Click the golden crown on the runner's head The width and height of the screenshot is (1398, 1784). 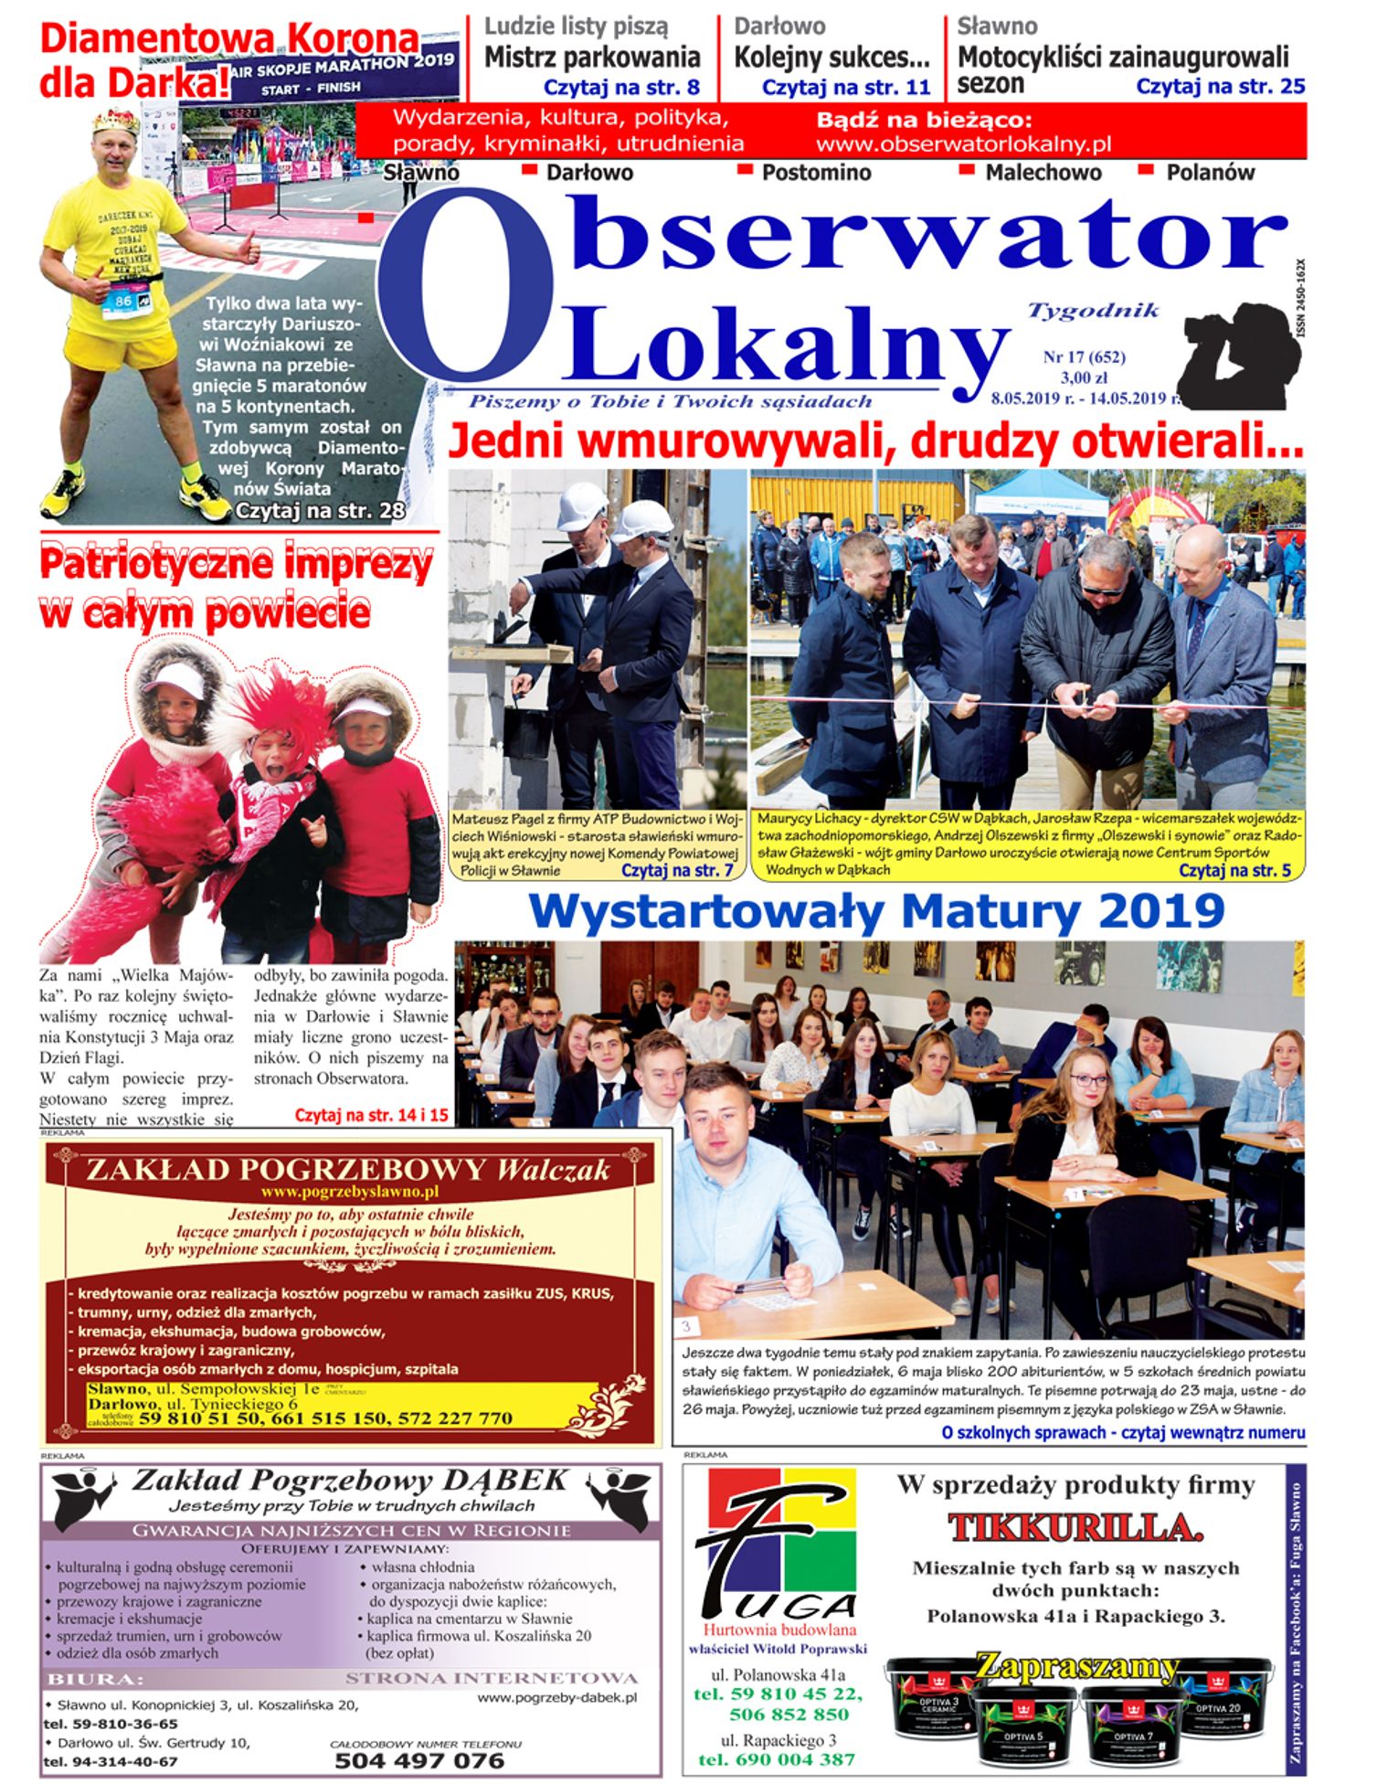pos(115,122)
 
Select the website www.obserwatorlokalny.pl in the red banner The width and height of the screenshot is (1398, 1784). pos(963,144)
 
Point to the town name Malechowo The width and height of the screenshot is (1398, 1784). pos(1043,173)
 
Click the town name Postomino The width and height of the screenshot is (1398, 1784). pos(816,173)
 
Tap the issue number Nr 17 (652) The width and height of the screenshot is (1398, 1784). pos(1084,357)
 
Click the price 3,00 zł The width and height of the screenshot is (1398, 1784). pos(1084,377)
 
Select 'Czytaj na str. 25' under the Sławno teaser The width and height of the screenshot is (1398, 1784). pos(1220,87)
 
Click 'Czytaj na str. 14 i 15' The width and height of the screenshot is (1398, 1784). pos(371,1115)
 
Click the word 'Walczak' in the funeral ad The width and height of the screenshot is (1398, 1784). pos(553,1170)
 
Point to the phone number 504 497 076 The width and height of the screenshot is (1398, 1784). pos(419,1760)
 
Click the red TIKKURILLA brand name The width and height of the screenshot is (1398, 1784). pos(1075,1527)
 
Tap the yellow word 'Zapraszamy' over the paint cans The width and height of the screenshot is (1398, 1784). pos(1076,1665)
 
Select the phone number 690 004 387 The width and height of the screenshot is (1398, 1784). pos(776,1759)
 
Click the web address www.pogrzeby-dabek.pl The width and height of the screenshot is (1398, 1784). pos(556,1697)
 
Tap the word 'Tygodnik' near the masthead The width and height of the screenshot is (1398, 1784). pos(1093,311)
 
